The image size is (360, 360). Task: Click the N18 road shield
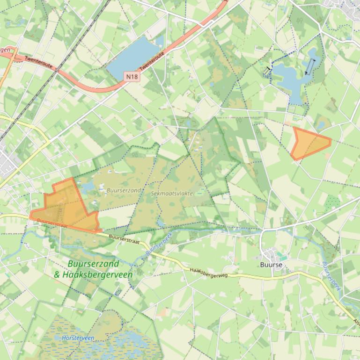pyautogui.click(x=132, y=76)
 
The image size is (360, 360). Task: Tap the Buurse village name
pyautogui.click(x=272, y=264)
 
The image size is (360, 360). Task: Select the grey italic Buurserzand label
pyautogui.click(x=124, y=190)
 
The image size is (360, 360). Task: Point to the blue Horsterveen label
pyautogui.click(x=78, y=338)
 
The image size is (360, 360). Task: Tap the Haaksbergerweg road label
pyautogui.click(x=209, y=272)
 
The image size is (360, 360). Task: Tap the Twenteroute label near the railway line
pyautogui.click(x=38, y=62)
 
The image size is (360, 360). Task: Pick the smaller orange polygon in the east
pyautogui.click(x=309, y=143)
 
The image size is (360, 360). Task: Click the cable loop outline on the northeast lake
pyautogui.click(x=310, y=66)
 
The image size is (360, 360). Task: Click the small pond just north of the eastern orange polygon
pyautogui.click(x=321, y=125)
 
